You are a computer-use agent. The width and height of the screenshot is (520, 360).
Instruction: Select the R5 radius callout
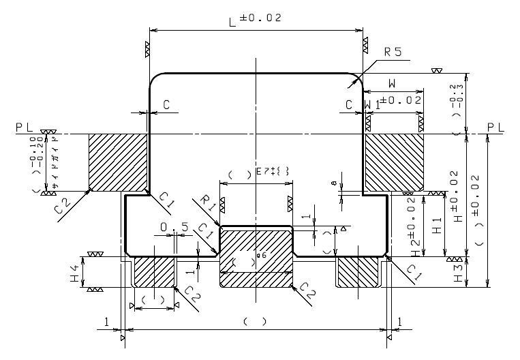[393, 51]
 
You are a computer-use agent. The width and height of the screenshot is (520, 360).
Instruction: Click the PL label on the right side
[497, 127]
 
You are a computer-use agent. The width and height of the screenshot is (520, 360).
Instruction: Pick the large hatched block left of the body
[118, 162]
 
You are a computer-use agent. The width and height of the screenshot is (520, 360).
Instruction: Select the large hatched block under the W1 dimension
[395, 162]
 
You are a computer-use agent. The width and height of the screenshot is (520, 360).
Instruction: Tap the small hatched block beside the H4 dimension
[155, 271]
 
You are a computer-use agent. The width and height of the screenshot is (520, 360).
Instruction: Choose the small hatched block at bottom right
[358, 271]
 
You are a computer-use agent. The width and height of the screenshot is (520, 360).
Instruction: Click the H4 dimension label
[74, 271]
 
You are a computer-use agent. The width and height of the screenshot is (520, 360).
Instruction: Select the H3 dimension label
[459, 271]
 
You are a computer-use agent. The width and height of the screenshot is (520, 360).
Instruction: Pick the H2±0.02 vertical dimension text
[412, 226]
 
